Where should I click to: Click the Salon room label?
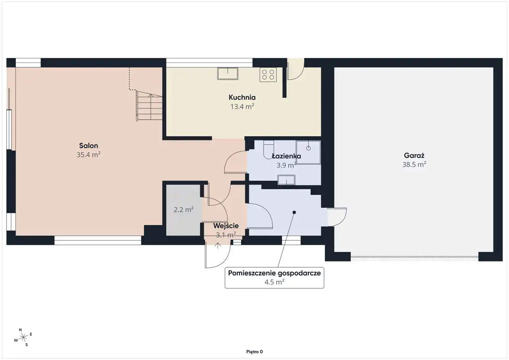coord(89,146)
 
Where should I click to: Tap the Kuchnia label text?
coord(242,97)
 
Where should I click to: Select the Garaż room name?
coord(414,155)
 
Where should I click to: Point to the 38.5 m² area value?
coord(414,164)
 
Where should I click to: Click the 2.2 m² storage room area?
coord(184,209)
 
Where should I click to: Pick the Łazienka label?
coord(286,156)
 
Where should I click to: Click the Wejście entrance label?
coord(226,226)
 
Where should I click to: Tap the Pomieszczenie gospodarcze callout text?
coord(274,273)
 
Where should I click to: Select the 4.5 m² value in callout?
coord(274,282)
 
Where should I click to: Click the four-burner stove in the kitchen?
coord(268,74)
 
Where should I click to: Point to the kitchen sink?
coord(228,74)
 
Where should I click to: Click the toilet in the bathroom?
coord(268,149)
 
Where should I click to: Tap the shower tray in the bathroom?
coord(308,152)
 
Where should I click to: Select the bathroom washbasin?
coord(286,180)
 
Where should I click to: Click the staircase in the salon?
coord(149,106)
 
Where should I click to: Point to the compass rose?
coord(23,337)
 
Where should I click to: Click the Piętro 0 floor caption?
coord(254,352)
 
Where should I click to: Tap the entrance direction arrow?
coord(218,245)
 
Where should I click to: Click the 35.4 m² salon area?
coord(88,155)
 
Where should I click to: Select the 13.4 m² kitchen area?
coord(242,106)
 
